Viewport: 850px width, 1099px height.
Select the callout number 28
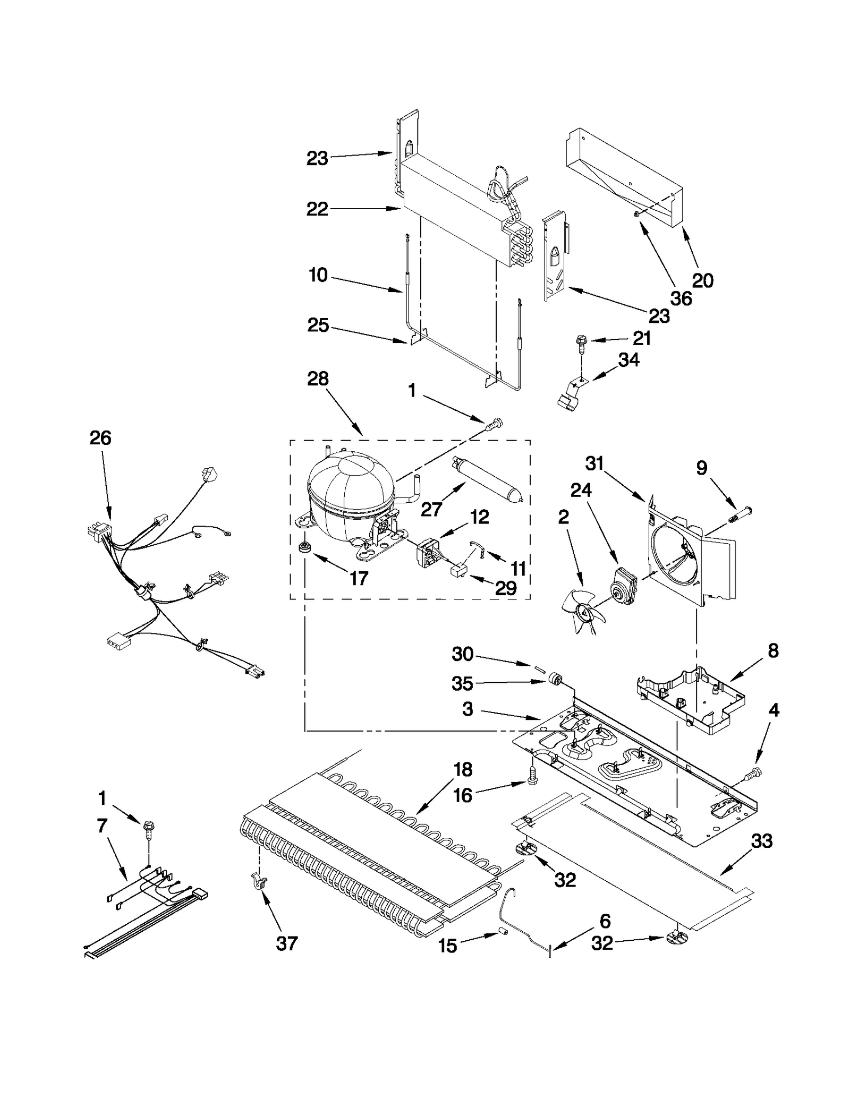tap(318, 379)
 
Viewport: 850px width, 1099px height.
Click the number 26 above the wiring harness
tap(100, 438)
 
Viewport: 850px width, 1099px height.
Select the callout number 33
tap(762, 841)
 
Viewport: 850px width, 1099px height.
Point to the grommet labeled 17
tap(305, 547)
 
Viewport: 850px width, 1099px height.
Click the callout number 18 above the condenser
tap(463, 769)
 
